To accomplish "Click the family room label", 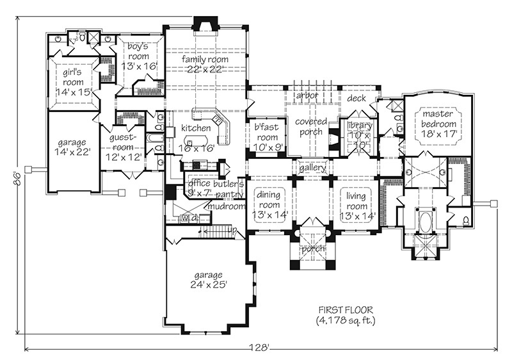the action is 205,60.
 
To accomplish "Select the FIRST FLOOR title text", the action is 346,309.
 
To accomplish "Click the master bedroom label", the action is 438,119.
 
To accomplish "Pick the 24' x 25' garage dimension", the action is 208,284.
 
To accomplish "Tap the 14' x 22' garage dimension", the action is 72,152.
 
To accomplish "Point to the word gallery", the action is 312,168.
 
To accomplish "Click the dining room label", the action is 269,200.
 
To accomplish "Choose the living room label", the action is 356,201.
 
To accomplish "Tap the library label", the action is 360,126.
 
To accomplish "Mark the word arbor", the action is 307,95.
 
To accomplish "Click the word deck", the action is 356,98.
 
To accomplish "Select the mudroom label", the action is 227,206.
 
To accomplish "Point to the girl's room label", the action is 73,77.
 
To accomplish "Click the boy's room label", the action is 138,51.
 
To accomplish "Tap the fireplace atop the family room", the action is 205,25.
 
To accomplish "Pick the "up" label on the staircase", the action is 232,231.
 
